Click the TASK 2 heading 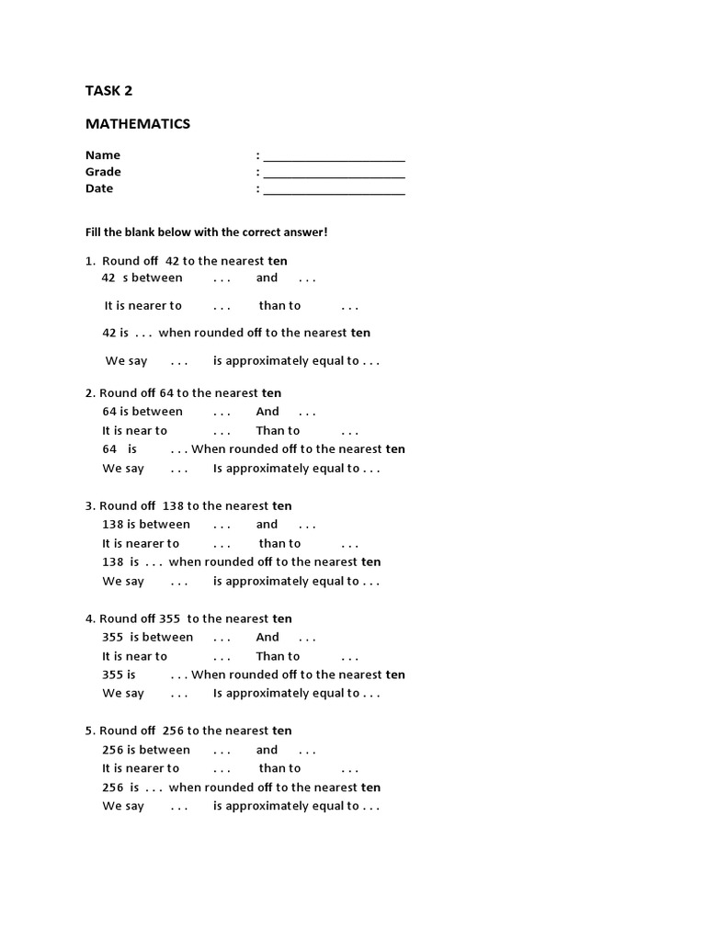coord(108,90)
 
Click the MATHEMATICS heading coord(138,123)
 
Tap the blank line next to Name coord(334,156)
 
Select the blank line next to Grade coord(334,173)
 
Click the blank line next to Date coord(334,189)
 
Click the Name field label coord(103,155)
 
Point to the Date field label coord(99,188)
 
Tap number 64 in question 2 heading coord(166,393)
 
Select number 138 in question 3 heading coord(173,505)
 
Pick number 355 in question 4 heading coord(169,618)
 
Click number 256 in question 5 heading coord(173,731)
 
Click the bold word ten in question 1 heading coord(278,261)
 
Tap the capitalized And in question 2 coord(268,412)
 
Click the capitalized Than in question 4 coord(271,656)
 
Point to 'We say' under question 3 coord(123,581)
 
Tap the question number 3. coord(89,505)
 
